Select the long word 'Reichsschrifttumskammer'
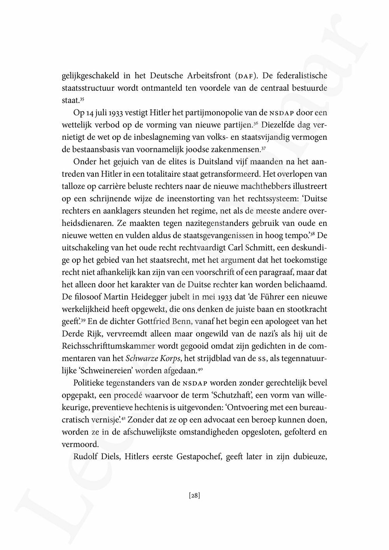(x=109, y=346)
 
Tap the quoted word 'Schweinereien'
(x=104, y=371)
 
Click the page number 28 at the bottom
(x=194, y=496)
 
